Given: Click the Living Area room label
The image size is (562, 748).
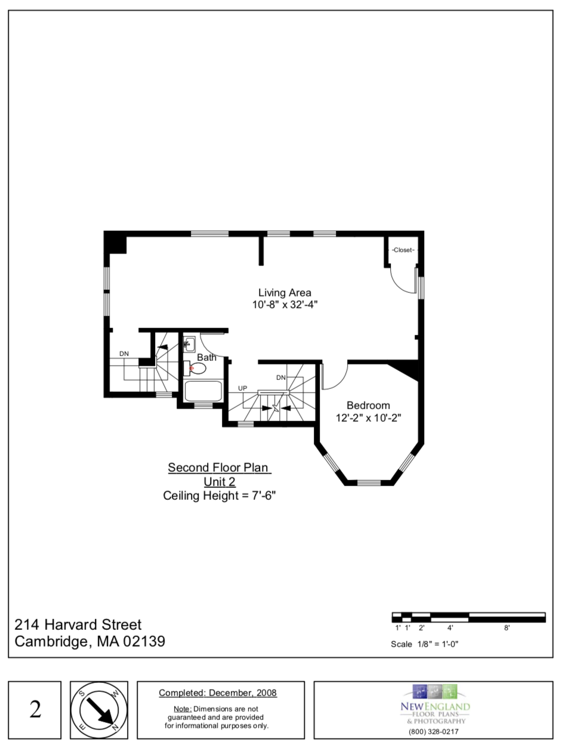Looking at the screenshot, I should pyautogui.click(x=285, y=293).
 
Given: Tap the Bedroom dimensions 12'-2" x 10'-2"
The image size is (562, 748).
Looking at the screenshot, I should pyautogui.click(x=368, y=418).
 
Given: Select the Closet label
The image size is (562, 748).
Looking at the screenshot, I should pyautogui.click(x=403, y=250).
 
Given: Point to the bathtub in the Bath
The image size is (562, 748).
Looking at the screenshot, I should pyautogui.click(x=203, y=391).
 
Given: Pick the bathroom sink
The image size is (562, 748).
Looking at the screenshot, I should pyautogui.click(x=189, y=344).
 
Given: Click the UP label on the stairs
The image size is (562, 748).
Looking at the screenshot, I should pyautogui.click(x=242, y=388).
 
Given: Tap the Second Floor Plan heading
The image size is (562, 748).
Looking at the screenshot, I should pyautogui.click(x=219, y=468).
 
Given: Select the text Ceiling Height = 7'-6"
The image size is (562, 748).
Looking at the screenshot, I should pyautogui.click(x=219, y=495).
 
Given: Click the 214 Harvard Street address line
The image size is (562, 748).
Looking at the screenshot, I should pyautogui.click(x=78, y=625).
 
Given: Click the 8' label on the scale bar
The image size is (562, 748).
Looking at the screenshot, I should pyautogui.click(x=507, y=628).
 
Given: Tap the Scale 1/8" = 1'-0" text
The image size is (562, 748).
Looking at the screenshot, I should pyautogui.click(x=424, y=644).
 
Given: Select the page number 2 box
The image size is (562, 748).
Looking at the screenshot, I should pyautogui.click(x=35, y=710).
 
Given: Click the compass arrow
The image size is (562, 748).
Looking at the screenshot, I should pyautogui.click(x=100, y=710).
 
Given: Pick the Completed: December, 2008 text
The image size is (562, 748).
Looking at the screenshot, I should pyautogui.click(x=218, y=693).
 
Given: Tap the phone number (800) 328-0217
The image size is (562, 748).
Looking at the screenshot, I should pyautogui.click(x=434, y=731).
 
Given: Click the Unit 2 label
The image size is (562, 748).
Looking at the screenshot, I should pyautogui.click(x=219, y=481).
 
